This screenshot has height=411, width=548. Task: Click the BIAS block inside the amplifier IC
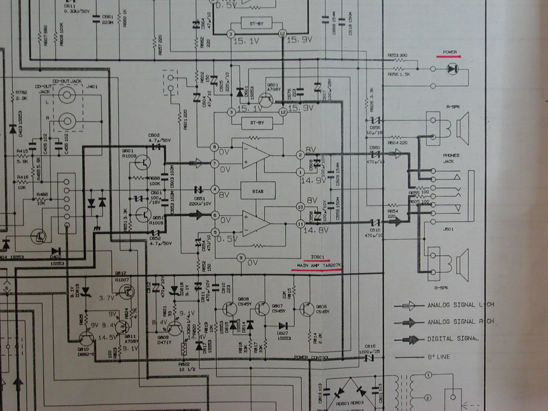point(258,191)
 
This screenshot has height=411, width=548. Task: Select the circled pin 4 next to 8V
point(215,189)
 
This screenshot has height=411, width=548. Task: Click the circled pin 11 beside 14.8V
point(300,223)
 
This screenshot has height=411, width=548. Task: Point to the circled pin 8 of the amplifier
point(215,147)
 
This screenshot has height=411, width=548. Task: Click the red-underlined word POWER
point(450,52)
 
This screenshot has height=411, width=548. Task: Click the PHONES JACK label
point(451,158)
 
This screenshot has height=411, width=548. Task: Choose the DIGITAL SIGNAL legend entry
point(452,339)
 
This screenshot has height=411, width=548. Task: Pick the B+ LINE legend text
point(439,357)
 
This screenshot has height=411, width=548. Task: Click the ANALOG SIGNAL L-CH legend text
point(460,305)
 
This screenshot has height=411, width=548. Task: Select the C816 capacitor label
point(369,347)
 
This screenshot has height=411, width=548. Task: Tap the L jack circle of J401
point(67,96)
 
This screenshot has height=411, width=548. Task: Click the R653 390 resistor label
point(397,55)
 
